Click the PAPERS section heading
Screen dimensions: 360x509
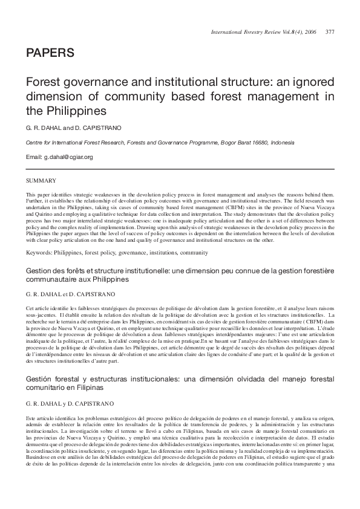click(x=49, y=54)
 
